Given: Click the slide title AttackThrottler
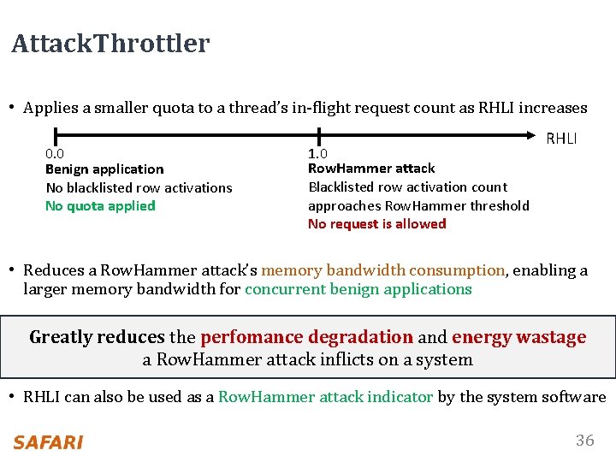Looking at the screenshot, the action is point(110,44).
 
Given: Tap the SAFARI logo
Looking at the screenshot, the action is point(48,442).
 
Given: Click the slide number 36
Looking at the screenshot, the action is point(584,441).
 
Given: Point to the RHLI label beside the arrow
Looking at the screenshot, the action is point(561,139).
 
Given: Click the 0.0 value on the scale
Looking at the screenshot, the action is point(55,153).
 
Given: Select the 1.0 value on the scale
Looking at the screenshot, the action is point(318,153).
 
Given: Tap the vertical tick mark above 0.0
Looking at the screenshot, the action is point(55,135).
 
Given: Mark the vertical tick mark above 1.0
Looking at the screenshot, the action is point(318,135).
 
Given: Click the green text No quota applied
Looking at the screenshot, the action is point(100,205).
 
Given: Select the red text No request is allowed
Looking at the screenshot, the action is point(376,223).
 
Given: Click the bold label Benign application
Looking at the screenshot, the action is point(104,169).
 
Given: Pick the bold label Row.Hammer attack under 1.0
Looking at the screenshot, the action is point(371,169).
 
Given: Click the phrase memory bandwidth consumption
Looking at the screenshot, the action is point(382,270).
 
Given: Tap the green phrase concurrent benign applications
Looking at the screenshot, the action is point(358,289).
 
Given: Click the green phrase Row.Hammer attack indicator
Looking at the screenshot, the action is point(325,397).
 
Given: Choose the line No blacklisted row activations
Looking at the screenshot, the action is point(139,187).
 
